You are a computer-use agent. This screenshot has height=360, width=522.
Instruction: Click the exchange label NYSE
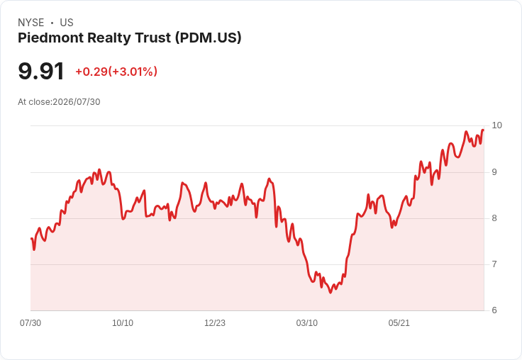pyautogui.click(x=31, y=23)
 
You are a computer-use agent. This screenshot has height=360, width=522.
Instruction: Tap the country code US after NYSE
pyautogui.click(x=67, y=23)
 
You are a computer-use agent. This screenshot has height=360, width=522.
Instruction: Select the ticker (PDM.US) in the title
pyautogui.click(x=209, y=38)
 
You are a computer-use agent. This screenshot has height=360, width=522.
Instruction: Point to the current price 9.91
pyautogui.click(x=41, y=71)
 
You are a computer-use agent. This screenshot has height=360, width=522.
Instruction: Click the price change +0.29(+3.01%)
pyautogui.click(x=116, y=72)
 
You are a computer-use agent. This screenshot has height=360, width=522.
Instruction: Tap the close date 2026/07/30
pyautogui.click(x=77, y=102)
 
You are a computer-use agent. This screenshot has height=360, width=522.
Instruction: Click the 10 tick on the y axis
pyautogui.click(x=496, y=125)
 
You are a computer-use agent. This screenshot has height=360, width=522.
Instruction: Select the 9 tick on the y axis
pyautogui.click(x=494, y=172)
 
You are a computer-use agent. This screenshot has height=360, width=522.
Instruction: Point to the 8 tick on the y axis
pyautogui.click(x=494, y=218)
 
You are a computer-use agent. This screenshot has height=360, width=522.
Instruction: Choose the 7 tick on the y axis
pyautogui.click(x=494, y=264)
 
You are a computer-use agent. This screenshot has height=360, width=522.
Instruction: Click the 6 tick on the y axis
pyautogui.click(x=494, y=310)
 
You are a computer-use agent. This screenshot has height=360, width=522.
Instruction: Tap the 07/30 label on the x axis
pyautogui.click(x=30, y=323)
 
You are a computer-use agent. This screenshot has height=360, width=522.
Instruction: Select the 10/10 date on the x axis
pyautogui.click(x=123, y=323)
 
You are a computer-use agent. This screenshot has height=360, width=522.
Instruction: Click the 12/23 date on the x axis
pyautogui.click(x=215, y=323)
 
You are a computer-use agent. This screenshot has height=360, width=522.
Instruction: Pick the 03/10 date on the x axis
pyautogui.click(x=307, y=323)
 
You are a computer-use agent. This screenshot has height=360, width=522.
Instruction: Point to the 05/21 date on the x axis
pyautogui.click(x=399, y=323)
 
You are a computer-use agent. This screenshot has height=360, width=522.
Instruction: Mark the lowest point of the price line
pyautogui.click(x=331, y=293)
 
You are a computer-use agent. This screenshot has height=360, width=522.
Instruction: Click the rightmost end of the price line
pyautogui.click(x=484, y=130)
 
